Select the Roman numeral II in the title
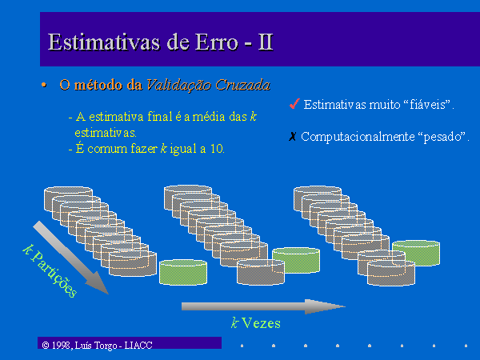pyautogui.click(x=265, y=42)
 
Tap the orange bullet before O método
pyautogui.click(x=44, y=85)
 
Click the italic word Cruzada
pyautogui.click(x=243, y=85)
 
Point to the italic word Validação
pyautogui.click(x=178, y=85)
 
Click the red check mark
pyautogui.click(x=294, y=104)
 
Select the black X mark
pyautogui.click(x=292, y=136)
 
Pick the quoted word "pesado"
pyautogui.click(x=442, y=137)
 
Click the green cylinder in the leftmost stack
pyautogui.click(x=183, y=272)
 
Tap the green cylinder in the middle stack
pyautogui.click(x=296, y=260)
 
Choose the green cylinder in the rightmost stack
pyautogui.click(x=416, y=253)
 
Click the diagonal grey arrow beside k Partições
pyautogui.click(x=70, y=258)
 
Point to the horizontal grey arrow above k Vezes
pyautogui.click(x=263, y=306)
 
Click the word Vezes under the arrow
pyautogui.click(x=261, y=323)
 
